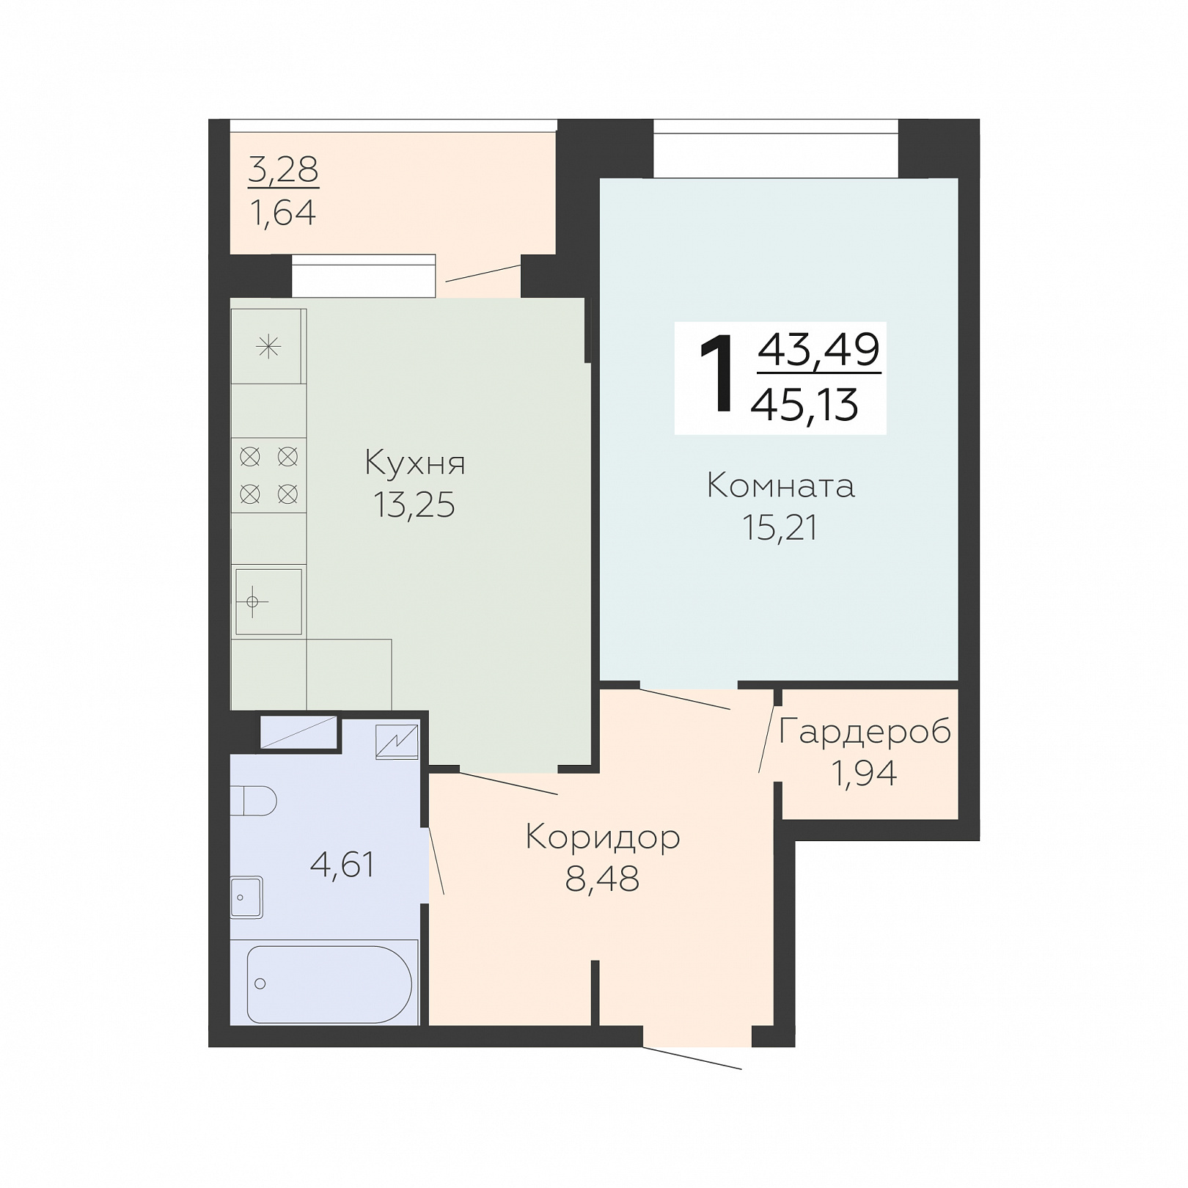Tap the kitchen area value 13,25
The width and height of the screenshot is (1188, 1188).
tap(414, 505)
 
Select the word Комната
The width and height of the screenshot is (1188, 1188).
tap(781, 486)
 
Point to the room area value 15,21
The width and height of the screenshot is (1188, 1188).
tap(780, 527)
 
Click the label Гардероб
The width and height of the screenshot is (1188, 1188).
tap(865, 731)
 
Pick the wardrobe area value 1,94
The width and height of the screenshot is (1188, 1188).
tap(864, 773)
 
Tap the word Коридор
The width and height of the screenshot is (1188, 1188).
tap(603, 837)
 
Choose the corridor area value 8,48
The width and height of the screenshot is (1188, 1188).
tap(602, 878)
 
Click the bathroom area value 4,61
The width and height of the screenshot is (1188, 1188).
tap(342, 865)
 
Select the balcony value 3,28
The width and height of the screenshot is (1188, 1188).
tap(283, 170)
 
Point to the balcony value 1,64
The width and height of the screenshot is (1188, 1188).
tap(283, 213)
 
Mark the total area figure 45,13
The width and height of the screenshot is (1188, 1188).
tap(804, 405)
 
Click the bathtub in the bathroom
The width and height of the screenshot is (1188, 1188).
tap(329, 984)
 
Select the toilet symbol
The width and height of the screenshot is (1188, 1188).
tap(254, 801)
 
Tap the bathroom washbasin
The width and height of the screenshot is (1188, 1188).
tap(246, 897)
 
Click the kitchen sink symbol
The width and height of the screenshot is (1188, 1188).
tap(268, 601)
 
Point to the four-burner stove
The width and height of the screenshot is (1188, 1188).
tap(268, 475)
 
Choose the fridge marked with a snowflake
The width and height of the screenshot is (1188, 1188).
tap(268, 346)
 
